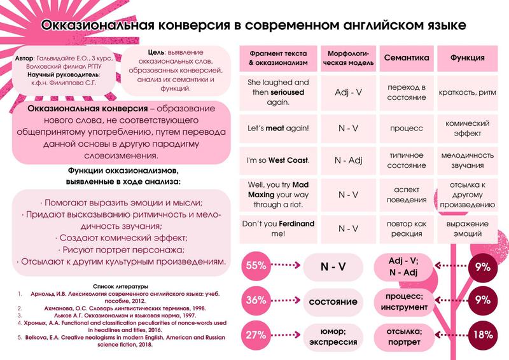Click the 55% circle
[257, 267]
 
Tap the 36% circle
[257, 300]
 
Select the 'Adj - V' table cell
[348, 92]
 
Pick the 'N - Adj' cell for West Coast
[348, 160]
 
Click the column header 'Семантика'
[406, 58]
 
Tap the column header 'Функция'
[468, 58]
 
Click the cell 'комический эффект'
[468, 128]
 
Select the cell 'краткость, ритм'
[468, 92]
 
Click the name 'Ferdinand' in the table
[295, 223]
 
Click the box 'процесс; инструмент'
[403, 300]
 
